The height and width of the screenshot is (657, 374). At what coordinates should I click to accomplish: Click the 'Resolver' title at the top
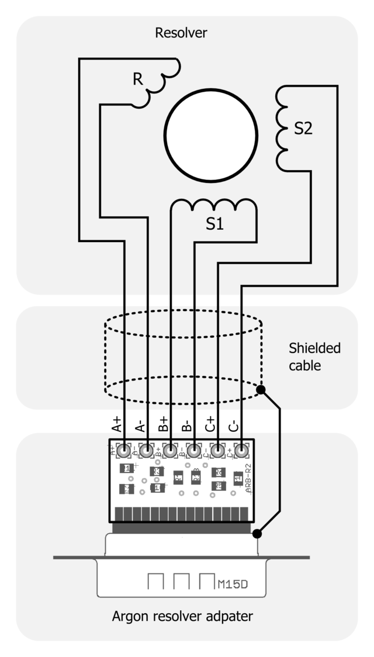[181, 33]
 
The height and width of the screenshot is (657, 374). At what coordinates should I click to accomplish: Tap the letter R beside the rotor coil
[138, 79]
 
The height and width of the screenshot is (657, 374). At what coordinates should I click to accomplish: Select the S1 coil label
[215, 223]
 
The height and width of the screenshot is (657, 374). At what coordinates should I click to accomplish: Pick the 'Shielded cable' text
[314, 357]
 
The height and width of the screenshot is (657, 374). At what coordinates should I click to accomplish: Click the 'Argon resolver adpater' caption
[182, 616]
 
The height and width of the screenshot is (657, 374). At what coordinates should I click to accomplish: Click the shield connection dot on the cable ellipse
[261, 389]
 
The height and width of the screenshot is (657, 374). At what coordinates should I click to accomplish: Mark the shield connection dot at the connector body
[257, 533]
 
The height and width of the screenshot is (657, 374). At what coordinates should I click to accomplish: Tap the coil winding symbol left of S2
[282, 129]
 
